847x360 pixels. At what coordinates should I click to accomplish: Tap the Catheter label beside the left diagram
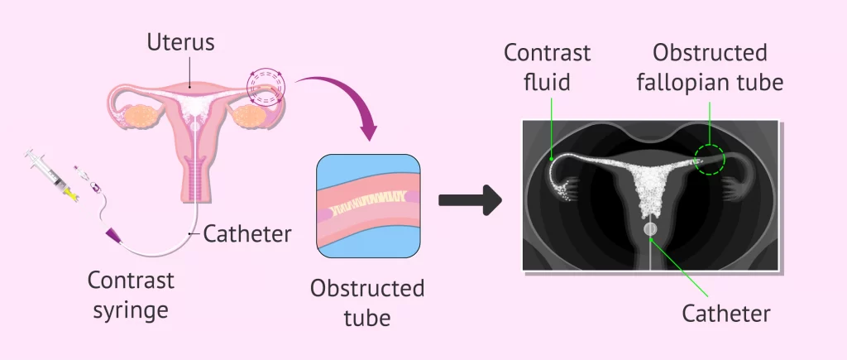(x=247, y=234)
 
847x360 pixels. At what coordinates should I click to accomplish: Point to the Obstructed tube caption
(x=367, y=302)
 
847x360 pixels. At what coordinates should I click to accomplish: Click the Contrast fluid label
(x=548, y=66)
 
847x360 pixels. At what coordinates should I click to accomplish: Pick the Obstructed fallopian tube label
(x=710, y=66)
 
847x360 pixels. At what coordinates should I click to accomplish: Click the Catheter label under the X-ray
(x=726, y=314)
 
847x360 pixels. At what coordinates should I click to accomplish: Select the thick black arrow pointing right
(x=470, y=199)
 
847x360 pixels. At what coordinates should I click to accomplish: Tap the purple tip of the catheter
(x=110, y=237)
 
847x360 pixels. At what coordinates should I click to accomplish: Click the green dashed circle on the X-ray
(x=709, y=159)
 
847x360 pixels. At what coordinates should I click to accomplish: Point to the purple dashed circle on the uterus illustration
(x=266, y=88)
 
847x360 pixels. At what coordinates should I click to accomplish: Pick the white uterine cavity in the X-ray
(x=651, y=186)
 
